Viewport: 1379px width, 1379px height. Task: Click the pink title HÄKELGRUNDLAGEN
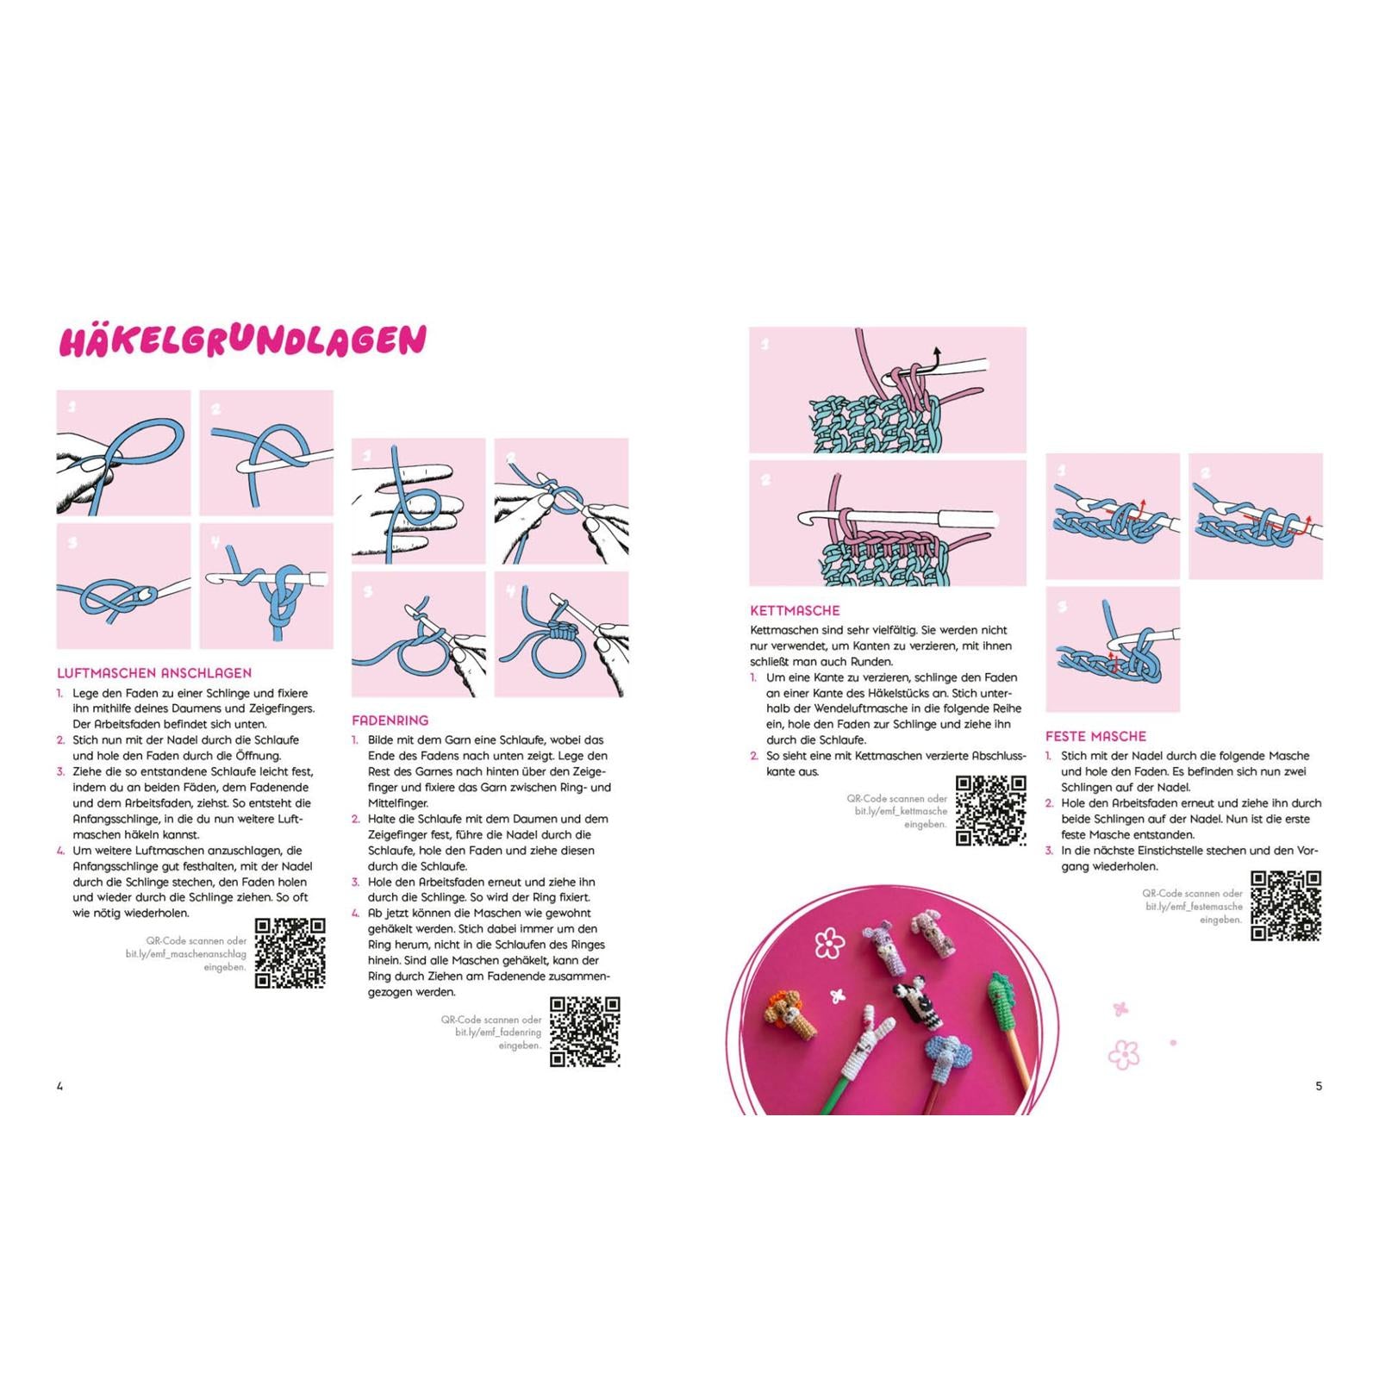[x=242, y=340]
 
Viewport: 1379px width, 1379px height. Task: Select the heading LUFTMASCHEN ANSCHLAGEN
[x=154, y=673]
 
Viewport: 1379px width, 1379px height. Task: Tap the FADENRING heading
[x=390, y=721]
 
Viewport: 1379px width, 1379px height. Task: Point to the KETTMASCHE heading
[x=795, y=610]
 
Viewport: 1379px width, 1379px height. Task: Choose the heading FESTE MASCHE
[x=1095, y=736]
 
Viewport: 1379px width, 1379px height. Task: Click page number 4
[x=60, y=1086]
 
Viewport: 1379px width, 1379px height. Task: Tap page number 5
[x=1319, y=1086]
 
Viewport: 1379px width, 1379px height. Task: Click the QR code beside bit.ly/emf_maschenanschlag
[x=290, y=953]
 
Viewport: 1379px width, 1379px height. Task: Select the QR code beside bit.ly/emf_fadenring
[x=585, y=1032]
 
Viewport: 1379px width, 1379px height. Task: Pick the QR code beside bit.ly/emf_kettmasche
[x=991, y=811]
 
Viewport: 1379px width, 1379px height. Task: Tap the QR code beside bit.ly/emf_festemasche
[x=1286, y=905]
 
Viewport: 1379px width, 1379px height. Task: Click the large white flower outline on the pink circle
[x=829, y=943]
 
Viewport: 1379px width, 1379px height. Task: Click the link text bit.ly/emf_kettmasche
[x=901, y=811]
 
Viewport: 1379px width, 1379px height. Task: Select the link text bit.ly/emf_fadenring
[x=498, y=1032]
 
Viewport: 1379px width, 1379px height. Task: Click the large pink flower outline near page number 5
[x=1124, y=1055]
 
